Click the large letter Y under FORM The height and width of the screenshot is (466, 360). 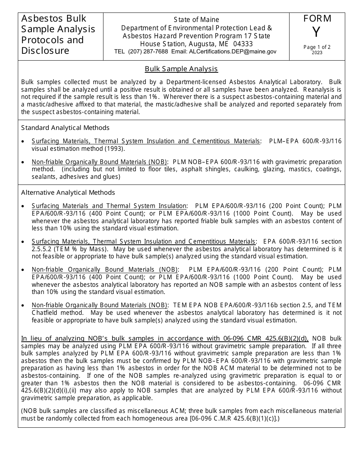(x=316, y=33)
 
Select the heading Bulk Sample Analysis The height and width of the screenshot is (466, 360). (x=181, y=69)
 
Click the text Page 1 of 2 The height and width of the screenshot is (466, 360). (x=317, y=47)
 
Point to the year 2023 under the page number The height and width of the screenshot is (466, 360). (x=317, y=53)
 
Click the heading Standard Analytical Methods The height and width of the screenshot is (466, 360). (x=65, y=128)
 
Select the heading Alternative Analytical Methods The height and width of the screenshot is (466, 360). (x=68, y=192)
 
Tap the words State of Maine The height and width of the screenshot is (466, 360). (x=196, y=20)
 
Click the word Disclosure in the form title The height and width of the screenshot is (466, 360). (x=45, y=51)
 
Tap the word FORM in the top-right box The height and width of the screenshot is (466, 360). (x=317, y=19)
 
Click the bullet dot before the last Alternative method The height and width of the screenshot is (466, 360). (x=23, y=305)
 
